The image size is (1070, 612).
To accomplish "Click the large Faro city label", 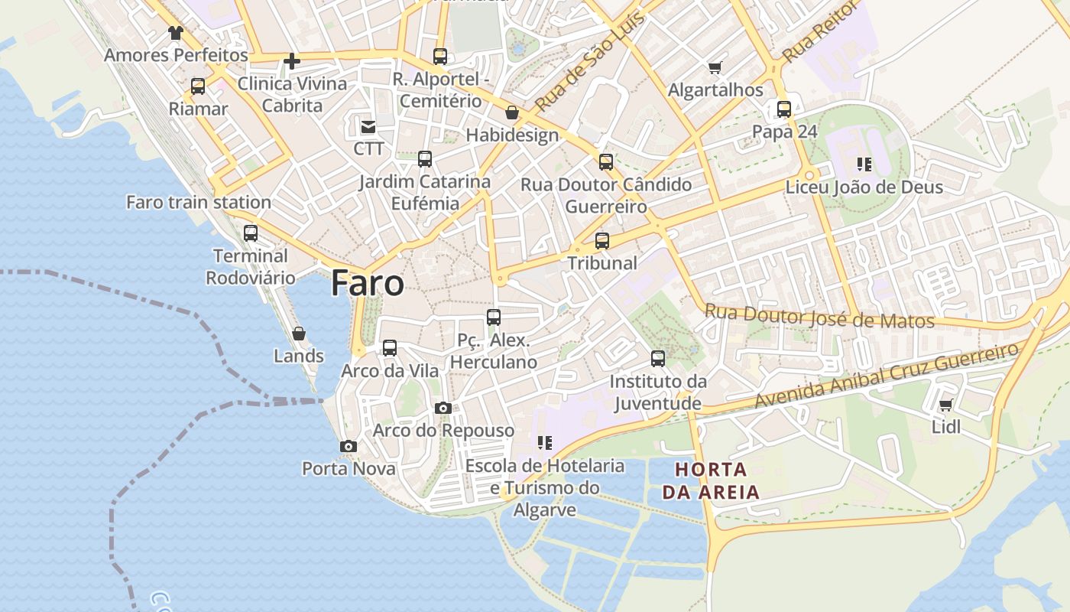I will coord(368,284).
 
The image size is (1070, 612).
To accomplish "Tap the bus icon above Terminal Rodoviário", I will coord(251,233).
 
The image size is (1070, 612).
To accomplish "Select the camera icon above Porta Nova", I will coord(349,446).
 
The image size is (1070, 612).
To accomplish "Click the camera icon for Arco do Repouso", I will coord(443,409).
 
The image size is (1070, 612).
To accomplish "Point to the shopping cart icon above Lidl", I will coord(946,405).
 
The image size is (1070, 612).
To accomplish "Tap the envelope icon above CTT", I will coord(368,126).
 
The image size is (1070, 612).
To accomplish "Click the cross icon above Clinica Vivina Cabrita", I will coord(292,61).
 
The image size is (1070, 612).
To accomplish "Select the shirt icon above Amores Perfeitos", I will coord(176,33).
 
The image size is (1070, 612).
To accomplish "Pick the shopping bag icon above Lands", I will coord(299,334).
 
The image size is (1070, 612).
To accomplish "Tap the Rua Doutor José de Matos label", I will coord(819,317).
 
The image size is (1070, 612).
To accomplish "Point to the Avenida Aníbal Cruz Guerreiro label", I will coord(887,376).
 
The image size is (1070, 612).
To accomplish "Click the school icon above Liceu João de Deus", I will coord(864,164).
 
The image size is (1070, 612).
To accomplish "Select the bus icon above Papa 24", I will coord(784,109).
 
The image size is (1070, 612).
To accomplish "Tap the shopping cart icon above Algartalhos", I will coord(715,68).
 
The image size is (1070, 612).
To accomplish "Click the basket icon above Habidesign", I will coord(512,113).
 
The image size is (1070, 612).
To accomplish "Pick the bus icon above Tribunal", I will coord(602,241).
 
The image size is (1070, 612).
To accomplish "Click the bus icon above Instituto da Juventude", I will coord(658,358).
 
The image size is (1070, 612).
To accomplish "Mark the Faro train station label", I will coord(199,203).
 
